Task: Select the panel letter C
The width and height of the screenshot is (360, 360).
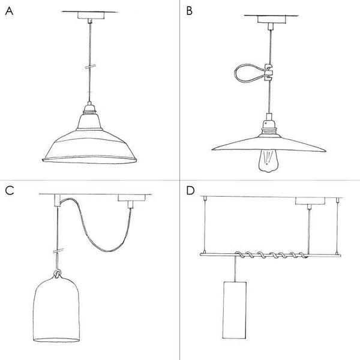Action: coord(9,191)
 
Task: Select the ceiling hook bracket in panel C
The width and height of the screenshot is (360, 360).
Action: coord(55,200)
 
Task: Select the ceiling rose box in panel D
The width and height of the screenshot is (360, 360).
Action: coord(307,201)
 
